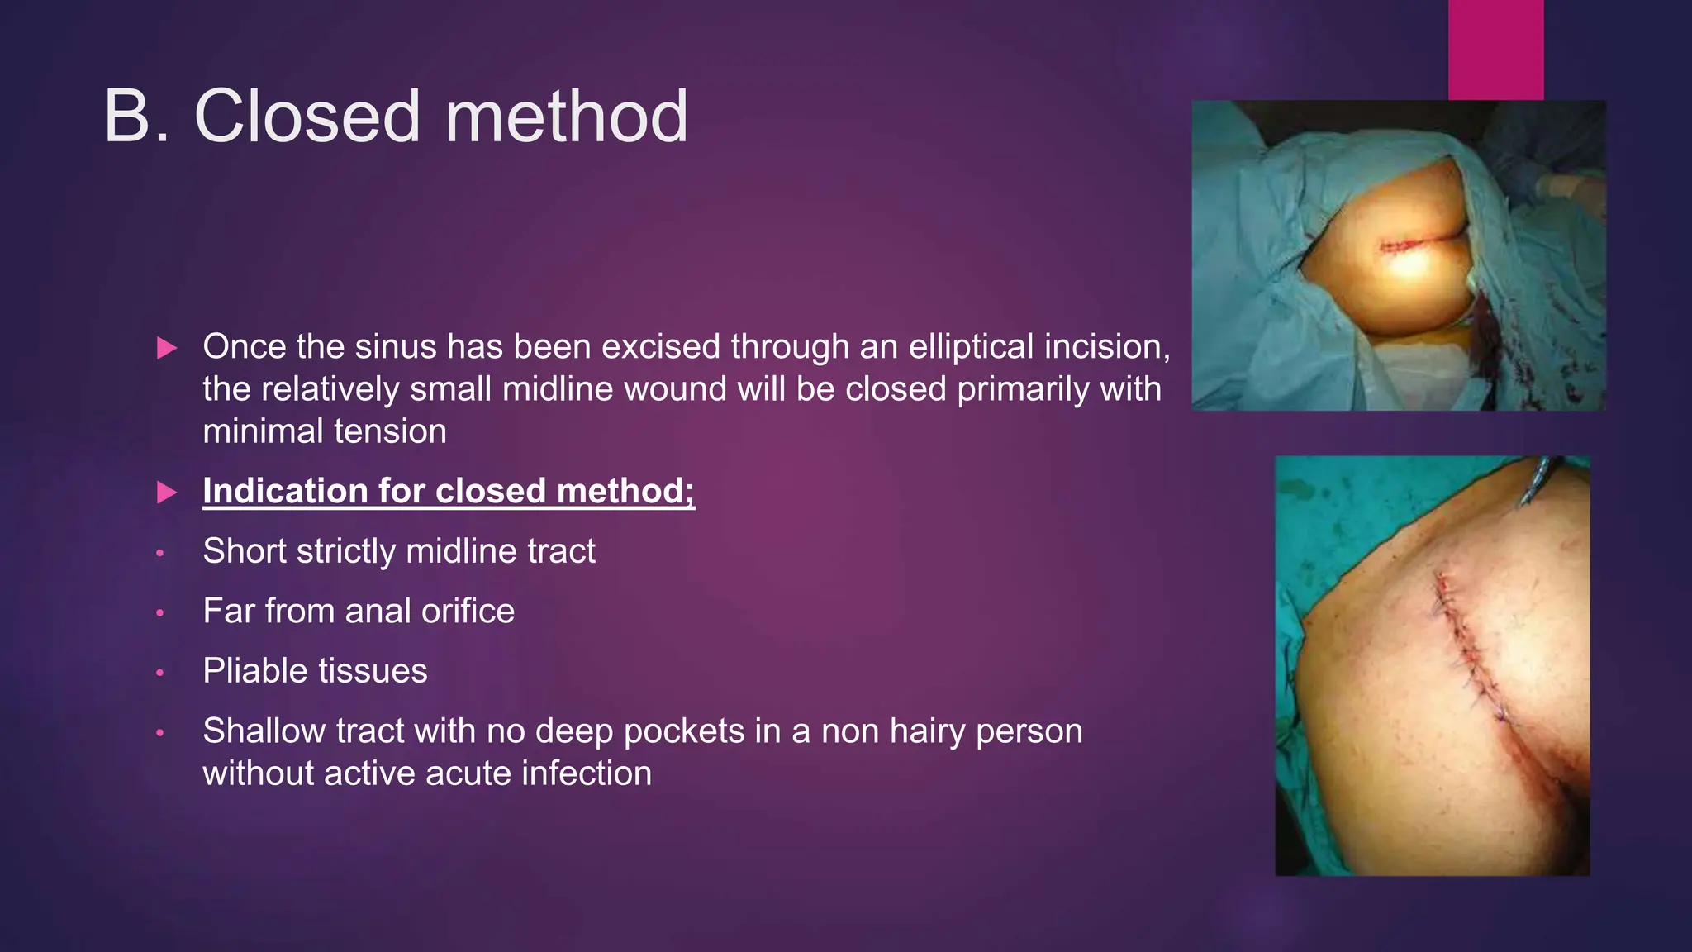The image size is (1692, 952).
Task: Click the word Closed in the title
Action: click(307, 117)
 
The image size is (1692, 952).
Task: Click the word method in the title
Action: click(566, 117)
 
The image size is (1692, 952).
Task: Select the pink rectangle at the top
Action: click(1495, 50)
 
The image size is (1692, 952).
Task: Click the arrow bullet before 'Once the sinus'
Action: click(167, 348)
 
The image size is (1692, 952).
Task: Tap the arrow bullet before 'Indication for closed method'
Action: click(167, 493)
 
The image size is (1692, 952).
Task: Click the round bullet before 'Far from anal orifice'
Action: click(160, 613)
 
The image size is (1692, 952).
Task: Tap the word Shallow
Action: click(264, 731)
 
